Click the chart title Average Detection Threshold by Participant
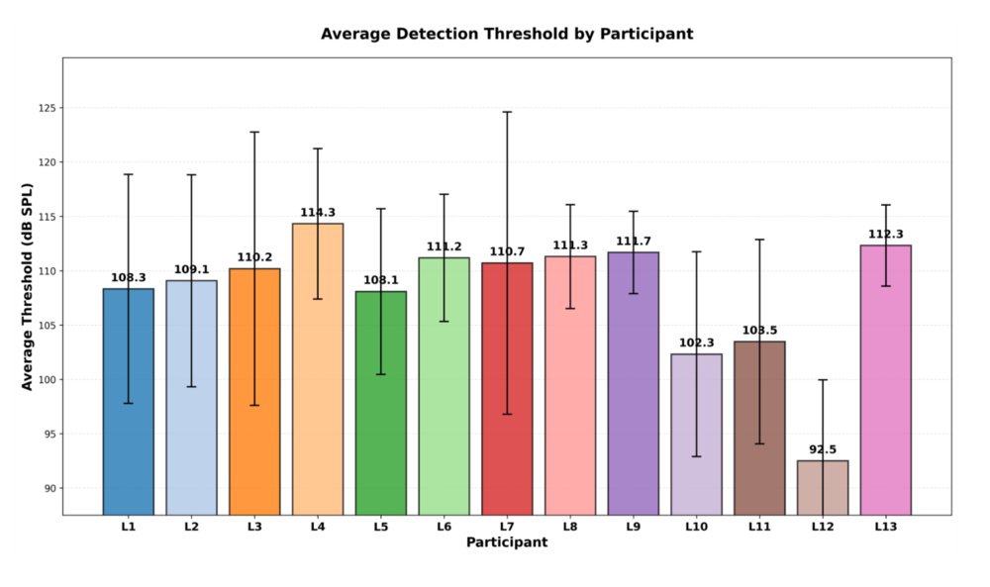point(507,34)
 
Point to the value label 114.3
point(318,213)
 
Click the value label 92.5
point(823,449)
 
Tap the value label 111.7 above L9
point(633,242)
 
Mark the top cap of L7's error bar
point(507,112)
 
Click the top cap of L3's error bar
point(254,132)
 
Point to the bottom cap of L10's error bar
point(696,456)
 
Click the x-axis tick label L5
point(381,528)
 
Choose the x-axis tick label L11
point(759,528)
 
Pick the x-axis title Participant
point(507,542)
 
